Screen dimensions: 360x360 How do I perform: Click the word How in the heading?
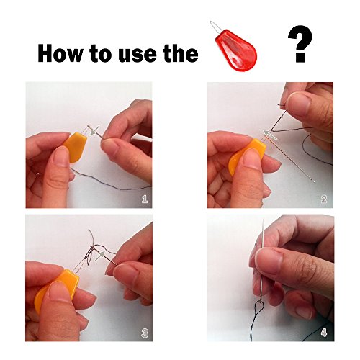point(60,53)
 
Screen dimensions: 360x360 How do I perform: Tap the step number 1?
point(145,199)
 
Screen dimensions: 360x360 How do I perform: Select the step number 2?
point(324,199)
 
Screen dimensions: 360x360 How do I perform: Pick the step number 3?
point(145,333)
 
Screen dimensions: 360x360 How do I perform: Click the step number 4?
point(324,333)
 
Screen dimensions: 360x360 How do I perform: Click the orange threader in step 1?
point(75,147)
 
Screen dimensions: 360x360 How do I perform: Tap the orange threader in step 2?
point(247,156)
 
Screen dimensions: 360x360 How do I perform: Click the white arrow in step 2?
point(270,135)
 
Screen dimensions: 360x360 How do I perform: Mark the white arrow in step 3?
point(101,256)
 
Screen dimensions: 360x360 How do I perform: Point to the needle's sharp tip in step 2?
point(314,182)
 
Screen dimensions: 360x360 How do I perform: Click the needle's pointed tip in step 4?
point(263,220)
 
